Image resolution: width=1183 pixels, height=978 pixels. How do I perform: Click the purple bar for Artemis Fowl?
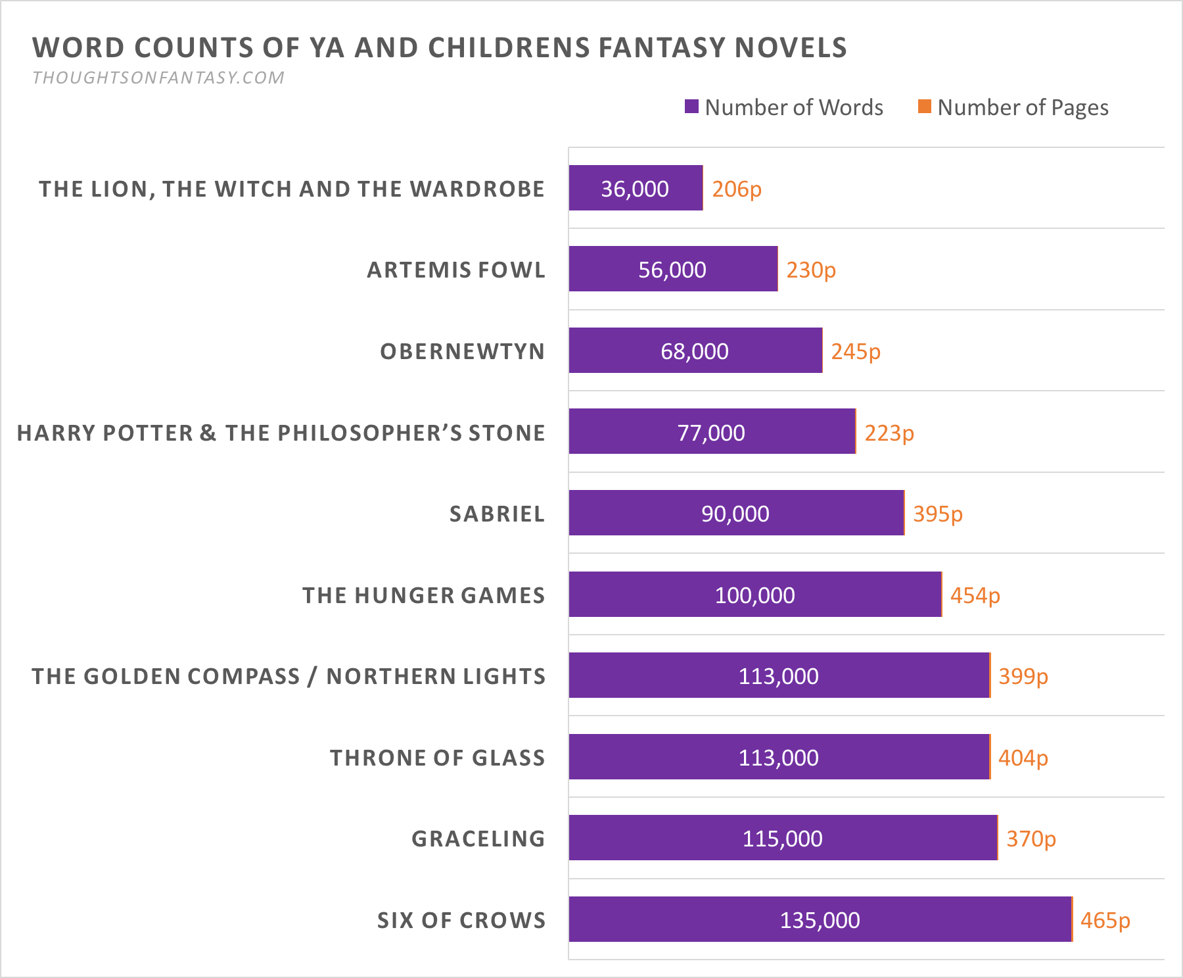coord(673,269)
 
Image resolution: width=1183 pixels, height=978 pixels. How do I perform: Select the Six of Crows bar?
coord(820,919)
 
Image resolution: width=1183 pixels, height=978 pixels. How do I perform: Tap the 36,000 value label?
coord(635,189)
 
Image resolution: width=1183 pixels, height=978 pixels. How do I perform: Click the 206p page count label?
coord(737,189)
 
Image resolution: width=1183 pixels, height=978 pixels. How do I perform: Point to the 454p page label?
coord(975,596)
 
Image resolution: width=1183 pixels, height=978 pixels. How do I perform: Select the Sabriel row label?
coord(497,514)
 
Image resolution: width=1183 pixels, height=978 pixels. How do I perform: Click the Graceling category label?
coord(478,839)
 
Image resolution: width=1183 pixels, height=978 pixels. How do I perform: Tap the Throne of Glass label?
coord(437,758)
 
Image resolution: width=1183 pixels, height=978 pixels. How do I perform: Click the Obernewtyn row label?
coord(462,351)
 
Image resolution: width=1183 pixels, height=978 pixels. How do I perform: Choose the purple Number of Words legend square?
coord(691,107)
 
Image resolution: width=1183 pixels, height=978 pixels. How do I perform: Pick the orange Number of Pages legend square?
coord(925,107)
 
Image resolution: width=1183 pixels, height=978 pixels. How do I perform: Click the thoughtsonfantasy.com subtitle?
coord(158,78)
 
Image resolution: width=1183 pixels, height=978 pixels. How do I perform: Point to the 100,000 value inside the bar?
coord(754,595)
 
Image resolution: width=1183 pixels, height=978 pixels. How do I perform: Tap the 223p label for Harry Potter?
coord(889,433)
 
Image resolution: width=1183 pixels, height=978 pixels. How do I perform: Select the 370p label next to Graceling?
coord(1031,839)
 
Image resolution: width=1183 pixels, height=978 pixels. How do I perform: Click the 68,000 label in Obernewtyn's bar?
coord(695,351)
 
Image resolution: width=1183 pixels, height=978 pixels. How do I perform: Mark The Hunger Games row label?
coord(423,595)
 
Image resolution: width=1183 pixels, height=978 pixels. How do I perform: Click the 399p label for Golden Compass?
coord(1023,677)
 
